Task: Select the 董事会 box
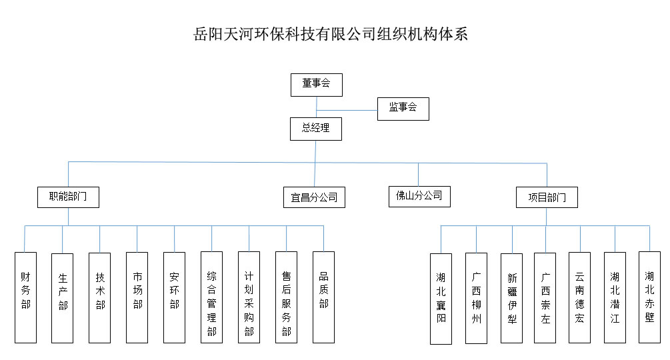pyautogui.click(x=316, y=84)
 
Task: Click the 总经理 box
pyautogui.click(x=315, y=129)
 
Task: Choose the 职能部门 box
pyautogui.click(x=68, y=197)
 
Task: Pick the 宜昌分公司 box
pyautogui.click(x=314, y=197)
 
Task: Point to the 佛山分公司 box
pyautogui.click(x=419, y=196)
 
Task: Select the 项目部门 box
pyautogui.click(x=547, y=197)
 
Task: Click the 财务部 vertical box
pyautogui.click(x=25, y=297)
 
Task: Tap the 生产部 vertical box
pyautogui.click(x=63, y=297)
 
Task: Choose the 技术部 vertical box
pyautogui.click(x=100, y=297)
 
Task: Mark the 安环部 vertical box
pyautogui.click(x=175, y=297)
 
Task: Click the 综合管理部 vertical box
pyautogui.click(x=212, y=297)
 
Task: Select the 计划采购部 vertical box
pyautogui.click(x=249, y=297)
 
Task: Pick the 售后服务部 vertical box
pyautogui.click(x=286, y=297)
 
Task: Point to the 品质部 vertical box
pyautogui.click(x=323, y=297)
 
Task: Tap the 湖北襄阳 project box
pyautogui.click(x=441, y=298)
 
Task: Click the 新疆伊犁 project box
pyautogui.click(x=512, y=298)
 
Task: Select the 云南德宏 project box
pyautogui.click(x=579, y=297)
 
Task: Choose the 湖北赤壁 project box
pyautogui.click(x=649, y=297)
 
